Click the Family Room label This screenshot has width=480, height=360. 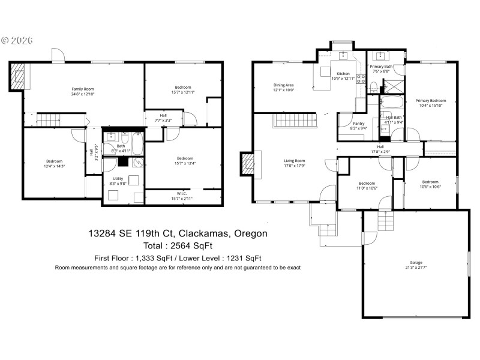(x=83, y=89)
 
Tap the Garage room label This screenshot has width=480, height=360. (x=416, y=262)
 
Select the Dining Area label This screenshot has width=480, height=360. (x=284, y=85)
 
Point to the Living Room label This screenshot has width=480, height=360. (x=295, y=160)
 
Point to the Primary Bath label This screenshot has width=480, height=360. (x=380, y=67)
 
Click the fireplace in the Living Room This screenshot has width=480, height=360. (x=248, y=164)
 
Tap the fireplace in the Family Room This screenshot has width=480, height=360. (x=17, y=75)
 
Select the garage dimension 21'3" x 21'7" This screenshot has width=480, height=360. (x=416, y=268)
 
